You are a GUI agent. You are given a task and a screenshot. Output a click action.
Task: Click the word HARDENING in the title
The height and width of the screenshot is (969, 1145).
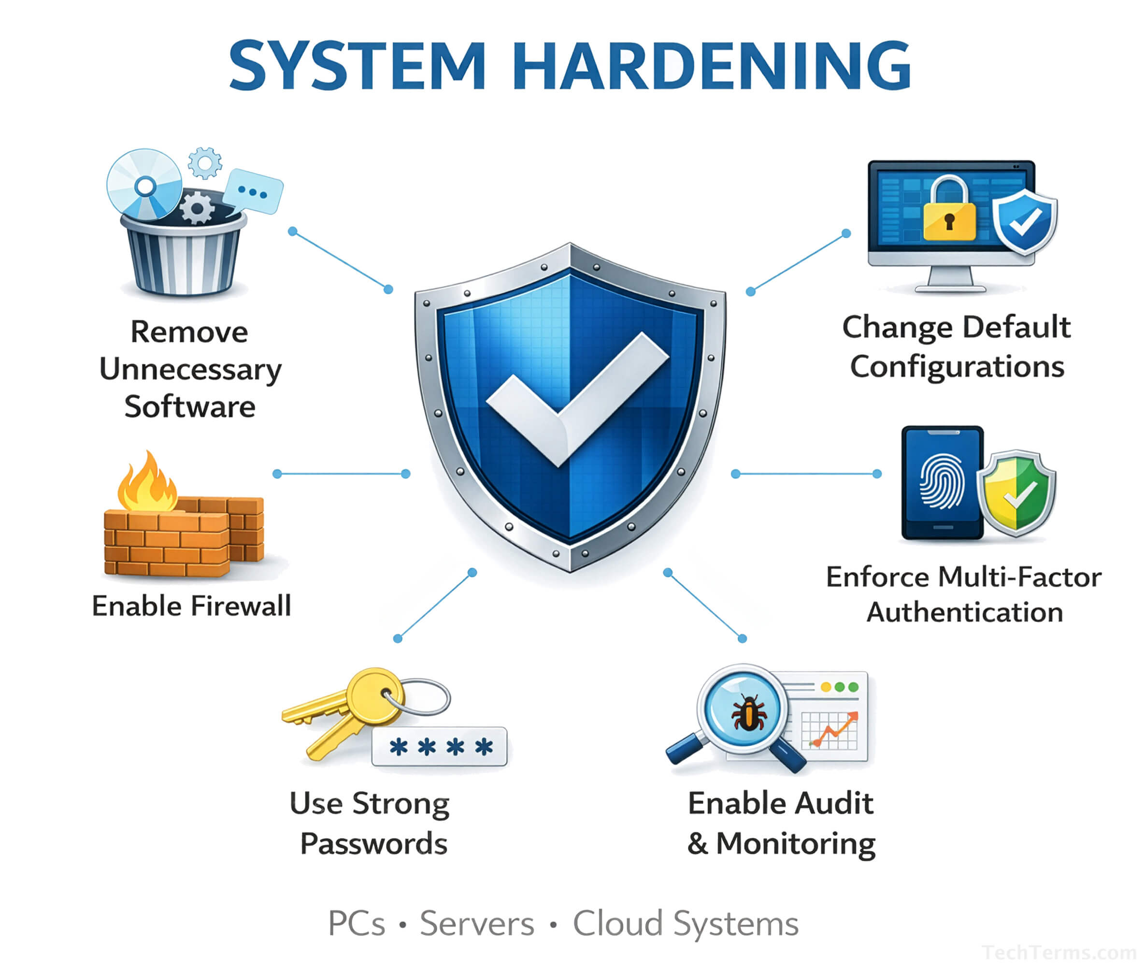(x=712, y=66)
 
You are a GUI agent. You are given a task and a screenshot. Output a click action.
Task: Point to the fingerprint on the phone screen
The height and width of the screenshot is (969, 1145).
(x=941, y=481)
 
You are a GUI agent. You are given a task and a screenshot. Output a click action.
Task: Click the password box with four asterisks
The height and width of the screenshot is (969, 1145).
(x=439, y=747)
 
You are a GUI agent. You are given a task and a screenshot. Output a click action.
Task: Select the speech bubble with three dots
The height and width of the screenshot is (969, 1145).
(x=254, y=191)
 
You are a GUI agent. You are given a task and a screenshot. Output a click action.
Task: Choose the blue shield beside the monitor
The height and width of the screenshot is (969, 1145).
(x=1024, y=222)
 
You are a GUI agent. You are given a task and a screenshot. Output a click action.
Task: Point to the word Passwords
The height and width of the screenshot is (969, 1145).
(x=373, y=844)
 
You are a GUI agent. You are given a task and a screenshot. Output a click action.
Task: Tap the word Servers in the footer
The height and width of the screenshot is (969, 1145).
(x=477, y=924)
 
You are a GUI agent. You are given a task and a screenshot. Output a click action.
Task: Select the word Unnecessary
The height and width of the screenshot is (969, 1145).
(x=190, y=369)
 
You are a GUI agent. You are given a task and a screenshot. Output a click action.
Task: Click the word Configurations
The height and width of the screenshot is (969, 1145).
(x=957, y=367)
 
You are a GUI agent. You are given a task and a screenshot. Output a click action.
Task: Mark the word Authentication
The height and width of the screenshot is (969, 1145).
(x=964, y=612)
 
